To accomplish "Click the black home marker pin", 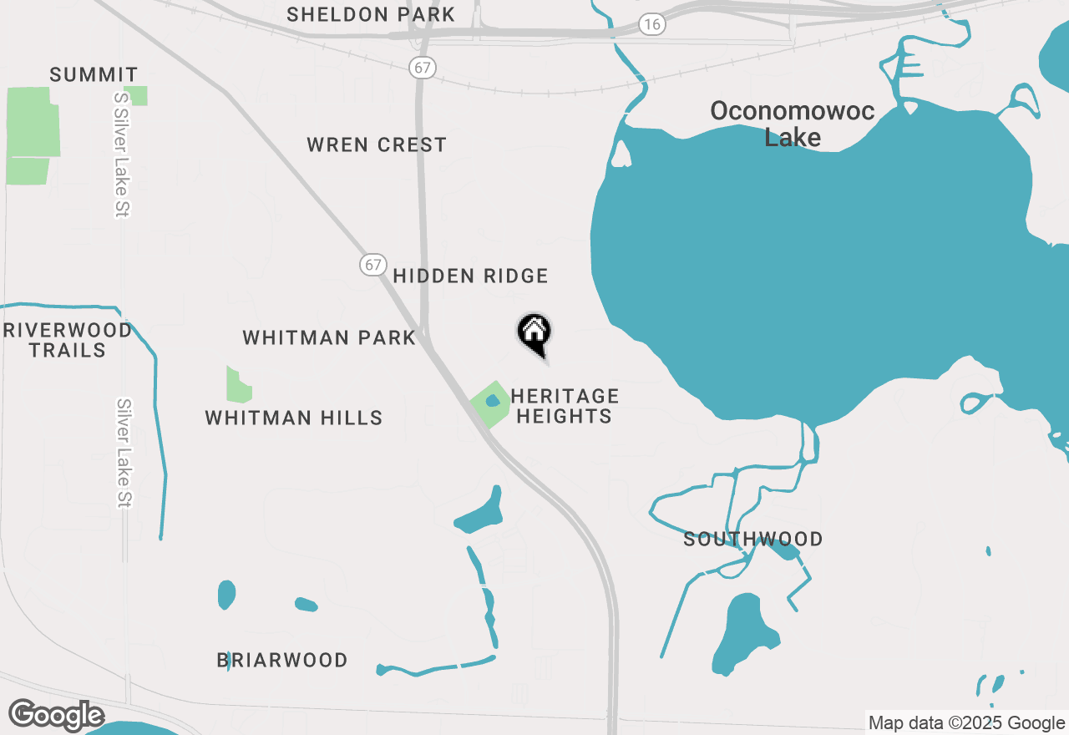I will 534,333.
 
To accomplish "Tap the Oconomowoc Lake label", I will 792,124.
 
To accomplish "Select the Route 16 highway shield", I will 652,24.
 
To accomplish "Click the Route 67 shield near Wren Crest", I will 423,68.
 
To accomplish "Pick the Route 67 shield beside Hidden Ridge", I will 372,265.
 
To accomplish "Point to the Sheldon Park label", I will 371,14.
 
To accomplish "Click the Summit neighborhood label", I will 94,74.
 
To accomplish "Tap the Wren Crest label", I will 377,144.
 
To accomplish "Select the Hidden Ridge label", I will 470,276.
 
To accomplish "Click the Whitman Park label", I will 329,337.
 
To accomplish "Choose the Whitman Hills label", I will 294,418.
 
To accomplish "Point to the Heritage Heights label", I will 565,406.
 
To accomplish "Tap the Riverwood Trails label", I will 68,340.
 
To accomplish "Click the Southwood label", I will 753,540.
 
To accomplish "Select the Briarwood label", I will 282,660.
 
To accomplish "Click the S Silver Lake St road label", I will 122,154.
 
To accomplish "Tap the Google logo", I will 56,715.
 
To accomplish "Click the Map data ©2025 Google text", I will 966,723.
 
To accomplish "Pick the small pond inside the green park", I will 493,401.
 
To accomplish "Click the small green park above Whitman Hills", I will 238,385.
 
